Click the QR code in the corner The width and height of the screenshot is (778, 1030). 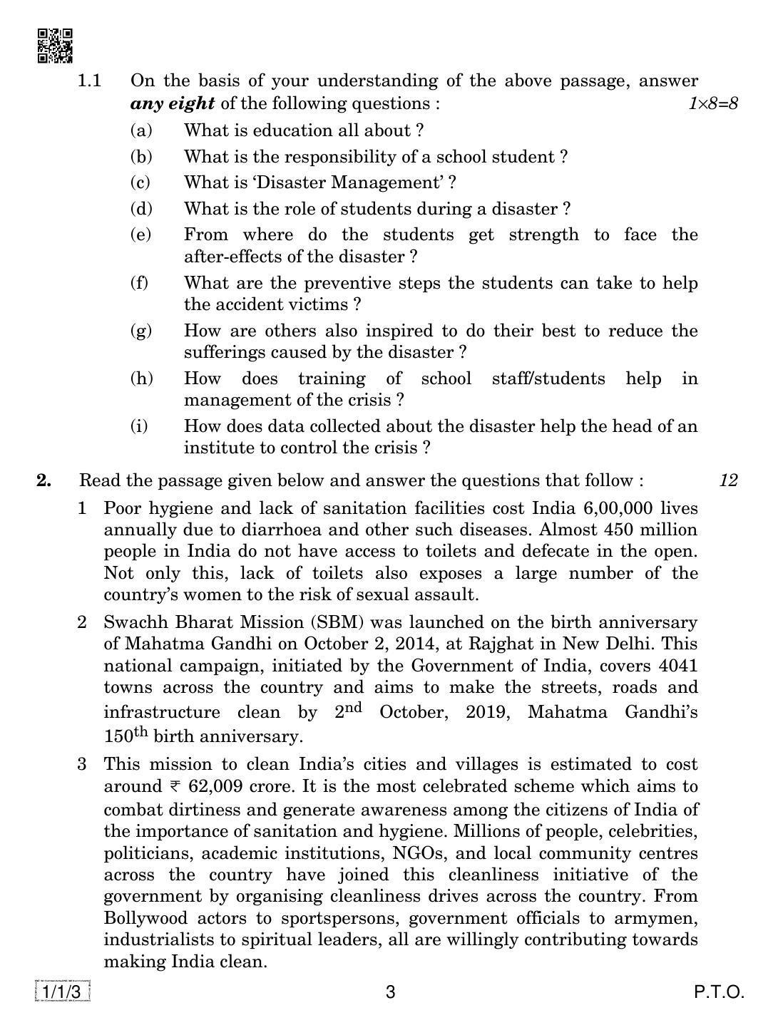click(x=54, y=46)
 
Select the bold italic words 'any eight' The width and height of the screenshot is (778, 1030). click(x=172, y=103)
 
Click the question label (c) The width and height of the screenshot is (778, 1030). click(x=140, y=182)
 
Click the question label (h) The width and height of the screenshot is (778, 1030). click(x=141, y=378)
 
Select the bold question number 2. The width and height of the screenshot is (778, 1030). click(x=44, y=480)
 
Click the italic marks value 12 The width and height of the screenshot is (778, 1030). click(x=727, y=480)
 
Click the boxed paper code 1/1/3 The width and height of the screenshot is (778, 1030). click(x=61, y=992)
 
